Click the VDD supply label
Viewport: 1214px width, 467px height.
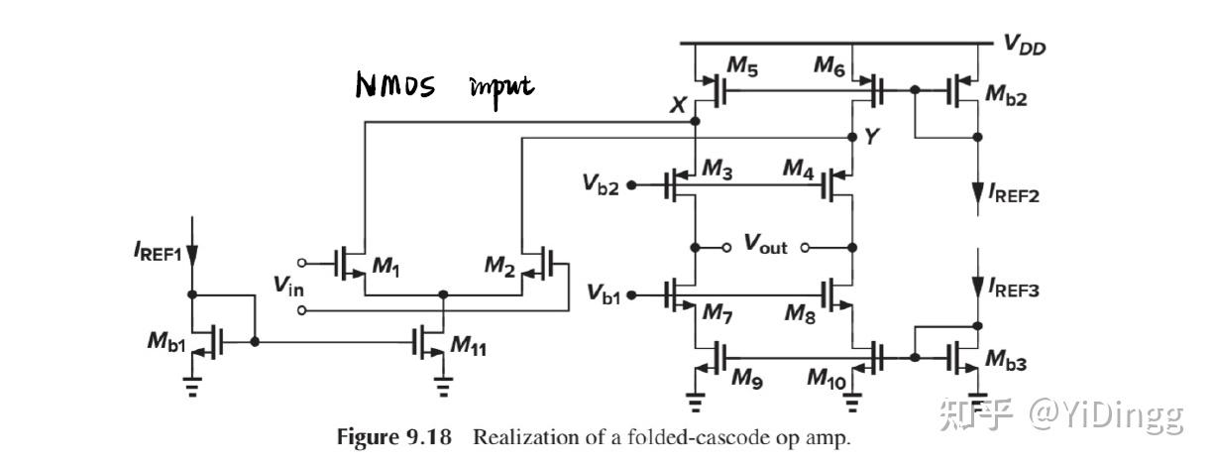(1025, 45)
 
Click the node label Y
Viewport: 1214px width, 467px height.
(871, 138)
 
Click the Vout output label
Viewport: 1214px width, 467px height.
(766, 245)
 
